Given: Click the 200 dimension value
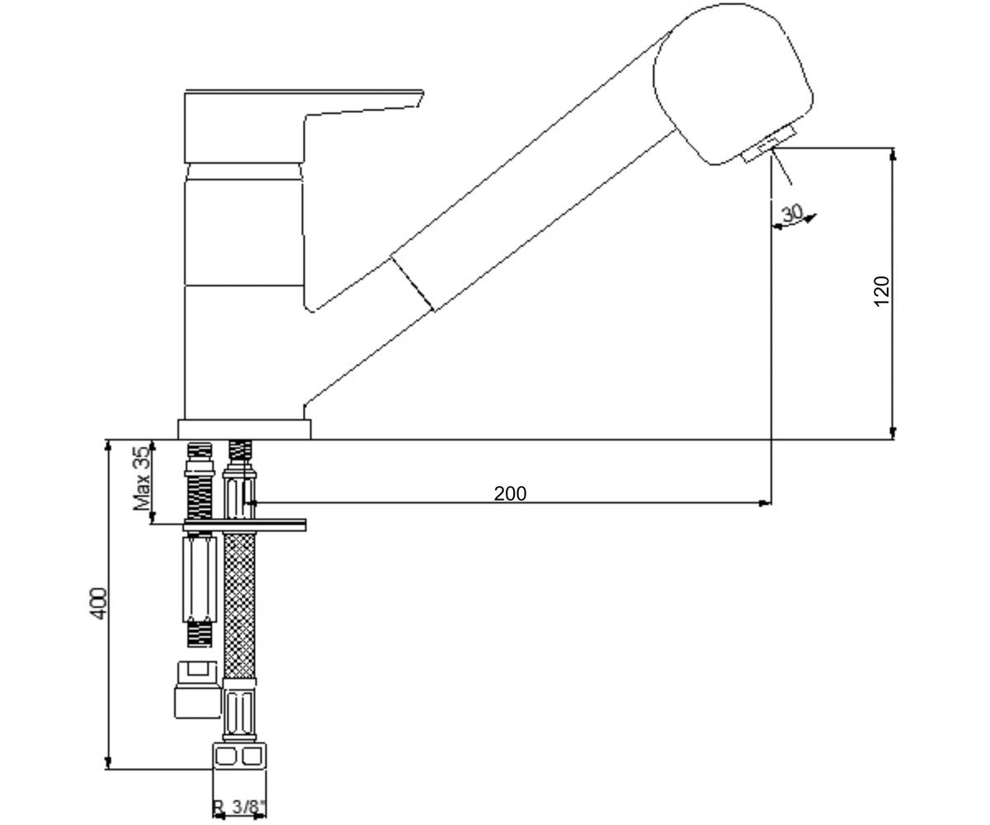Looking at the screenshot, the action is click(510, 493).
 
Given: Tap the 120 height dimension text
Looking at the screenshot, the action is click(881, 290).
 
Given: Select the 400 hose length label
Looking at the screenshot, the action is click(99, 603).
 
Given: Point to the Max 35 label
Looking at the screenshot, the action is click(142, 478).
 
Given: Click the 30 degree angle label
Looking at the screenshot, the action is click(792, 214).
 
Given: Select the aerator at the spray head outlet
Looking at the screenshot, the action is click(768, 144).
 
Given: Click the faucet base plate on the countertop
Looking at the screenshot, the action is click(244, 429).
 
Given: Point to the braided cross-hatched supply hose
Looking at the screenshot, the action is click(239, 605).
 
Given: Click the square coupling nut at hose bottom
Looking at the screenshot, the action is click(239, 756).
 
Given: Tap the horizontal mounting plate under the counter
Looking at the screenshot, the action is click(245, 525).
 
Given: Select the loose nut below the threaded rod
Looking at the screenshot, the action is click(197, 691).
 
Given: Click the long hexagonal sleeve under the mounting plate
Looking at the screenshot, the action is click(199, 579).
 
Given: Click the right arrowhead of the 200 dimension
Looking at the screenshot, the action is click(764, 503).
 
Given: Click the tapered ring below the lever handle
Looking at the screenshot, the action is click(244, 172).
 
